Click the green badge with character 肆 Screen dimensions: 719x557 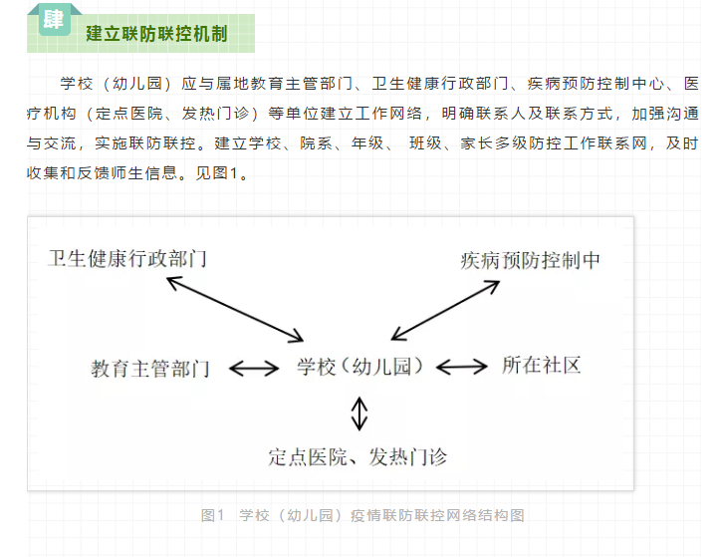point(54,19)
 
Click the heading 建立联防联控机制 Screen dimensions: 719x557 point(156,34)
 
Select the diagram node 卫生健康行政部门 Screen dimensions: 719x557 point(127,259)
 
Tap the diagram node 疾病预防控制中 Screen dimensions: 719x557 point(530,260)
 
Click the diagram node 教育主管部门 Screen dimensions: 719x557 point(150,369)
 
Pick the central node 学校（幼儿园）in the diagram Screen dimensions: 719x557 point(359,367)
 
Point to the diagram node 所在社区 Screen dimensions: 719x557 point(542,366)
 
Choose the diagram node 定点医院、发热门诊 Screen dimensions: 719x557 point(358,457)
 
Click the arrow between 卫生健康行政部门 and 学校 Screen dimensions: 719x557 point(235,309)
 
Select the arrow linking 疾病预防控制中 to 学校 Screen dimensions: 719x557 point(445,311)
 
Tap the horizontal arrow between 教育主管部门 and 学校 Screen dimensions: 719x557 point(254,369)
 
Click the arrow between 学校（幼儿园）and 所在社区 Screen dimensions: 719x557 point(462,367)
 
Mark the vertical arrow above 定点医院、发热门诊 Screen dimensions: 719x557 point(359,414)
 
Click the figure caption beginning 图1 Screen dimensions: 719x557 point(362,515)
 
